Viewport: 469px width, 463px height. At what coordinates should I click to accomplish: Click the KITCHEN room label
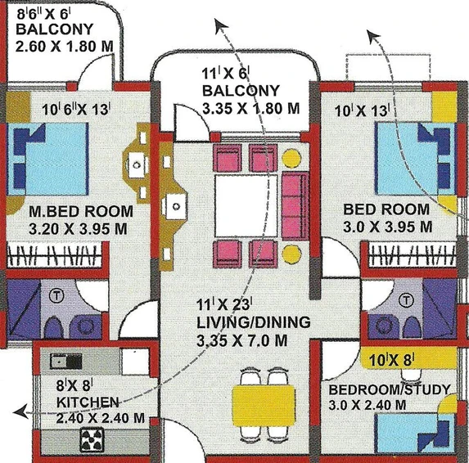pyautogui.click(x=88, y=402)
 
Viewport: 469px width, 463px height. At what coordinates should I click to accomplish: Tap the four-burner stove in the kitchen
pyautogui.click(x=92, y=439)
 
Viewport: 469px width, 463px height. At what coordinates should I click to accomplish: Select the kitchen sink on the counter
pyautogui.click(x=65, y=361)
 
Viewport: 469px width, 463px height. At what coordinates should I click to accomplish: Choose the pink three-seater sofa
pyautogui.click(x=295, y=205)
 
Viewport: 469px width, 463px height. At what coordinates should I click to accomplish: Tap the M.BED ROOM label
pyautogui.click(x=81, y=211)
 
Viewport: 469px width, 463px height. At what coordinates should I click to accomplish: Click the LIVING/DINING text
pyautogui.click(x=253, y=322)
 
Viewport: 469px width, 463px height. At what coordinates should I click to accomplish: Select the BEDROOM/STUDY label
pyautogui.click(x=390, y=389)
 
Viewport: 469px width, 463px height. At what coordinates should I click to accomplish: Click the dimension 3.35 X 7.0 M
pyautogui.click(x=242, y=340)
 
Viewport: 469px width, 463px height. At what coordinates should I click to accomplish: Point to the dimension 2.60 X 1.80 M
pyautogui.click(x=65, y=47)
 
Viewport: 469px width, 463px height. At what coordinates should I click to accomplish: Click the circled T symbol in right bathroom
pyautogui.click(x=406, y=299)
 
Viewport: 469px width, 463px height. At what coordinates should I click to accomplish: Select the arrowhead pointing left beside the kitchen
pyautogui.click(x=20, y=411)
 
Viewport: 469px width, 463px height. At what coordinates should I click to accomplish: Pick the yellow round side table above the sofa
pyautogui.click(x=291, y=158)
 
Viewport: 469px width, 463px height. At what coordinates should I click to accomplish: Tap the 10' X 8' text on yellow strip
pyautogui.click(x=391, y=361)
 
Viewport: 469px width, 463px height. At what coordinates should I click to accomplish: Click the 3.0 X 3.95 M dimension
pyautogui.click(x=387, y=227)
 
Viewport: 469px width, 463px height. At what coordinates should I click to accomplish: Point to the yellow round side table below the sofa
pyautogui.click(x=291, y=254)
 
